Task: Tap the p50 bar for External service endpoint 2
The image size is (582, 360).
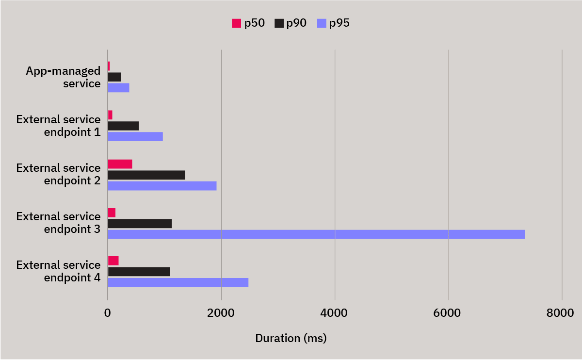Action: [120, 164]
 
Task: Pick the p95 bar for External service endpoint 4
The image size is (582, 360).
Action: [178, 282]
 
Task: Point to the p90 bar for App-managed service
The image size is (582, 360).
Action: [114, 77]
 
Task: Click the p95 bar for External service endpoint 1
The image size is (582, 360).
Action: [135, 136]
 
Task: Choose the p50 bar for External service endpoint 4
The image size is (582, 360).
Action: [113, 261]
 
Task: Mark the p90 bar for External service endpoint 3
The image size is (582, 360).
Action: [140, 224]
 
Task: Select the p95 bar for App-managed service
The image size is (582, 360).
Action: [118, 88]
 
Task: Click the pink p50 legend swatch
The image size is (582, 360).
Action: [237, 23]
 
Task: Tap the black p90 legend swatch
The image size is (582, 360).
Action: [279, 23]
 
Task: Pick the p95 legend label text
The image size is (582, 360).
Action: [339, 23]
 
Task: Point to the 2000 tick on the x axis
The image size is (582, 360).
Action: [221, 313]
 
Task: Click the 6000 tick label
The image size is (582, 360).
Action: [448, 313]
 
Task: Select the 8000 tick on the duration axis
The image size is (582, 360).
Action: [562, 313]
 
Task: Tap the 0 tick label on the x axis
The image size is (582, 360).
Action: [108, 313]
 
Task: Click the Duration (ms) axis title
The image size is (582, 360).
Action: [291, 338]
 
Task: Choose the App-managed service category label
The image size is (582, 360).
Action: [63, 77]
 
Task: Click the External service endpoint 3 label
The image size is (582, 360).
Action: [58, 222]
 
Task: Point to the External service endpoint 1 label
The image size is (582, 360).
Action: [58, 125]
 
